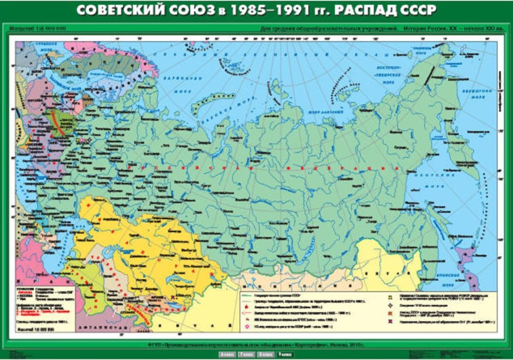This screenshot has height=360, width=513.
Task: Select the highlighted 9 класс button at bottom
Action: pos(286,355)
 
